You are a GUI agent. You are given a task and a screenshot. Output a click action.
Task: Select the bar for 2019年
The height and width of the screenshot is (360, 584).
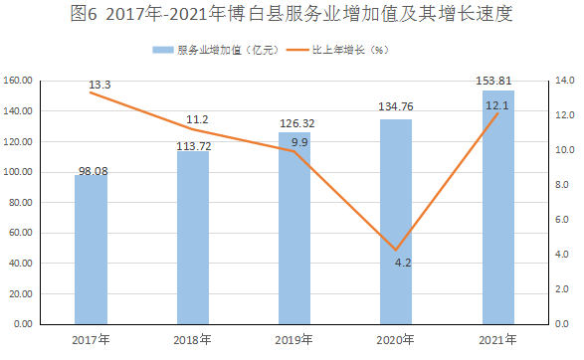(293, 229)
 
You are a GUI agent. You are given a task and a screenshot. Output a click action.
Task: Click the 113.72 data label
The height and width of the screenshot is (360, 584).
(193, 145)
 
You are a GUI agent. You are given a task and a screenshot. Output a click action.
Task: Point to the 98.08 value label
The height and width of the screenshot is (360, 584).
(92, 170)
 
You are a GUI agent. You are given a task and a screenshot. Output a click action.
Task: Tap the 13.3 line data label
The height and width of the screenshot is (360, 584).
(99, 86)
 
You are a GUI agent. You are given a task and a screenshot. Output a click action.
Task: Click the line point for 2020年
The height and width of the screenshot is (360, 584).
(396, 251)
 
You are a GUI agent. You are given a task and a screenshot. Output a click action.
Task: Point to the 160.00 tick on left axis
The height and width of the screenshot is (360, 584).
(20, 81)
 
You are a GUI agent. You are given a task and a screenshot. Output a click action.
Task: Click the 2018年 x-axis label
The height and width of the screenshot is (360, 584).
(193, 340)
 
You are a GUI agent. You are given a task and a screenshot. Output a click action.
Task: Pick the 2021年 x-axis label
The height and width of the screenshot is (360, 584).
(497, 340)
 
